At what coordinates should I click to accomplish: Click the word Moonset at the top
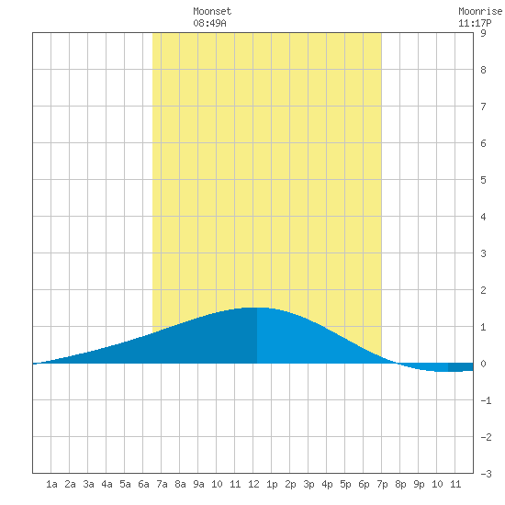click(212, 11)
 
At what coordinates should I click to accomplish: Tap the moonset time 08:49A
click(210, 23)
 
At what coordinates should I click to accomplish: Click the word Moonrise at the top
click(480, 11)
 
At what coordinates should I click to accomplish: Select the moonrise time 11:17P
click(475, 23)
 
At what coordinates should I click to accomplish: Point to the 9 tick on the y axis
click(483, 33)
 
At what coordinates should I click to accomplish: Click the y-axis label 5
click(483, 180)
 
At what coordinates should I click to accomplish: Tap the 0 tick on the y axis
click(483, 364)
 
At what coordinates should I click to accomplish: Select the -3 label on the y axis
click(486, 474)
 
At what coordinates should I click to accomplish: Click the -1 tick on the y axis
click(486, 400)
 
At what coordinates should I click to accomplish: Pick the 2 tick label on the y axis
click(483, 290)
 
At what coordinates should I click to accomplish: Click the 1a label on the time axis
click(51, 484)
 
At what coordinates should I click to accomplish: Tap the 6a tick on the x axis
click(143, 484)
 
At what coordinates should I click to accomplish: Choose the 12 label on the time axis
click(253, 484)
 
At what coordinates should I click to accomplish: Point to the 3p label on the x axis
click(309, 484)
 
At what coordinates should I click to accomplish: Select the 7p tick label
click(382, 484)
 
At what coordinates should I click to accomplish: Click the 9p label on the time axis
click(419, 484)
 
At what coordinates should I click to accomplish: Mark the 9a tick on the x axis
click(198, 484)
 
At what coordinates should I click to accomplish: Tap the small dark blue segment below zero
click(461, 367)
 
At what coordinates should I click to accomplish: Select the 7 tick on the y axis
click(483, 107)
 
